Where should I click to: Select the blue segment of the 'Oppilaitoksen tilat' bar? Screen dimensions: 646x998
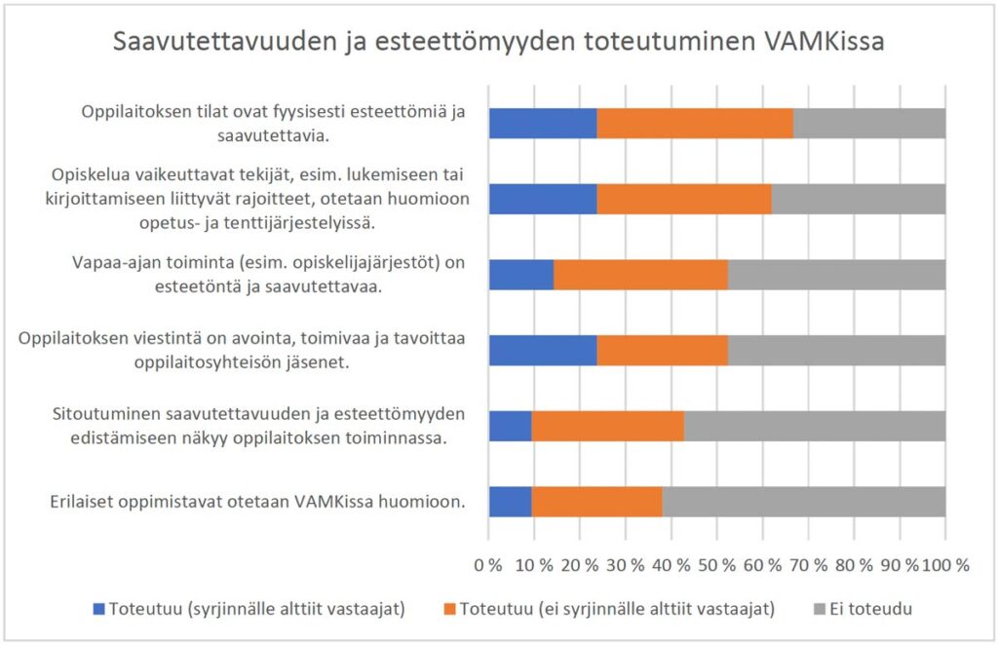[543, 123]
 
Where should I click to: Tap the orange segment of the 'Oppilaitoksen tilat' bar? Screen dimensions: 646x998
[695, 123]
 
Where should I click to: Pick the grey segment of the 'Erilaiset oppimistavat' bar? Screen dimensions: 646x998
[804, 501]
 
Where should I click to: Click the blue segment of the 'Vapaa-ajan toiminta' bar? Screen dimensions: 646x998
[521, 274]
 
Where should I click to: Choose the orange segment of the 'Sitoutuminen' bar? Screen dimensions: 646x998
[608, 426]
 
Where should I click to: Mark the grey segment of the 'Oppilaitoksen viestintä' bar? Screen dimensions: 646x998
[837, 350]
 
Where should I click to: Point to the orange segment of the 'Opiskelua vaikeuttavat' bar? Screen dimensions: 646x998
[684, 199]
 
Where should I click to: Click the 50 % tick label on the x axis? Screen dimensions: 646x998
[716, 565]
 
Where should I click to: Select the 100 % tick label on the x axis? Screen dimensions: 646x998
[947, 565]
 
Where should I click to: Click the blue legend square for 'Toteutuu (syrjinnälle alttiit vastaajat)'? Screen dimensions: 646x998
[97, 609]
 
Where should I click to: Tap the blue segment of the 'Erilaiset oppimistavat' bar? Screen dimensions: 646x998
[510, 501]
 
